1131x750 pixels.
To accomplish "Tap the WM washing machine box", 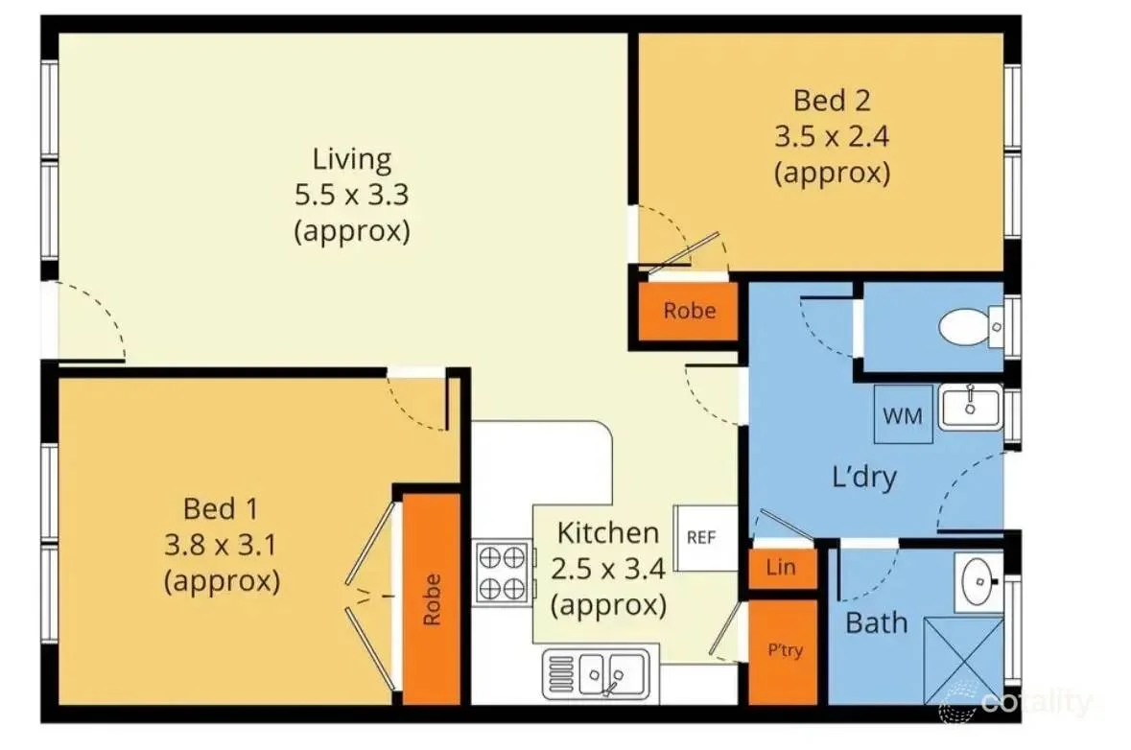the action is (903, 414).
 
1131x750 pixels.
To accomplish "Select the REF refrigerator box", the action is (705, 537).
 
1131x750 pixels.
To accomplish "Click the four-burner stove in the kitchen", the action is (504, 574).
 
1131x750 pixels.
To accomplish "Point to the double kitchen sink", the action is (596, 674).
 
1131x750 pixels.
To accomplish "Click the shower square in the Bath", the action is (964, 660).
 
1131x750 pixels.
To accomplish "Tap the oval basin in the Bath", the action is (980, 580).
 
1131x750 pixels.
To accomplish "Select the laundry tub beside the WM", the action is (970, 408).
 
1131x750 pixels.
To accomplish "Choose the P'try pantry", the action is (784, 651).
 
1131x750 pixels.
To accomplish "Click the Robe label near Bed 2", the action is (690, 310).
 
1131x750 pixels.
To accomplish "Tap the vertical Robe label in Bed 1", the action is (432, 599).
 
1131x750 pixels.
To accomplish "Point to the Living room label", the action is (352, 159).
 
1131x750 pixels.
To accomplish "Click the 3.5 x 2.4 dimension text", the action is (832, 135).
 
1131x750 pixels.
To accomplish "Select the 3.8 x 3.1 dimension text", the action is (221, 545).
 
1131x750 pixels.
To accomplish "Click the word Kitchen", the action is (608, 533).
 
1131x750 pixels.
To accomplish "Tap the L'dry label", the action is (864, 477).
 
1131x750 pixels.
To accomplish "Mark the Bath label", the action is (877, 622).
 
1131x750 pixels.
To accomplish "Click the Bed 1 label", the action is (221, 508).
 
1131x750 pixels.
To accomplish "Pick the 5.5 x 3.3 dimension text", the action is (352, 194).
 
